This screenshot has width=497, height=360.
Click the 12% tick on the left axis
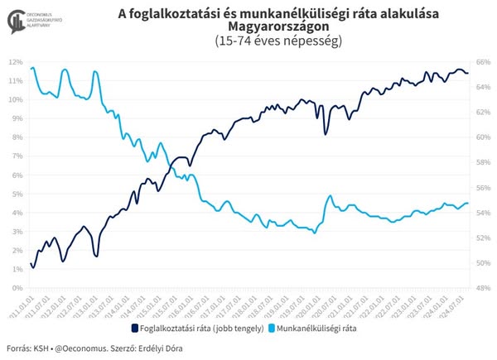click(16, 62)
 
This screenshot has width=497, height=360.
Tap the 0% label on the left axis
click(17, 288)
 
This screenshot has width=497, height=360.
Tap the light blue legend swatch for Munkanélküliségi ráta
click(269, 329)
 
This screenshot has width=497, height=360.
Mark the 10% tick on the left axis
click(16, 100)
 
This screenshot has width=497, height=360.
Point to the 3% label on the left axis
click(17, 232)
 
